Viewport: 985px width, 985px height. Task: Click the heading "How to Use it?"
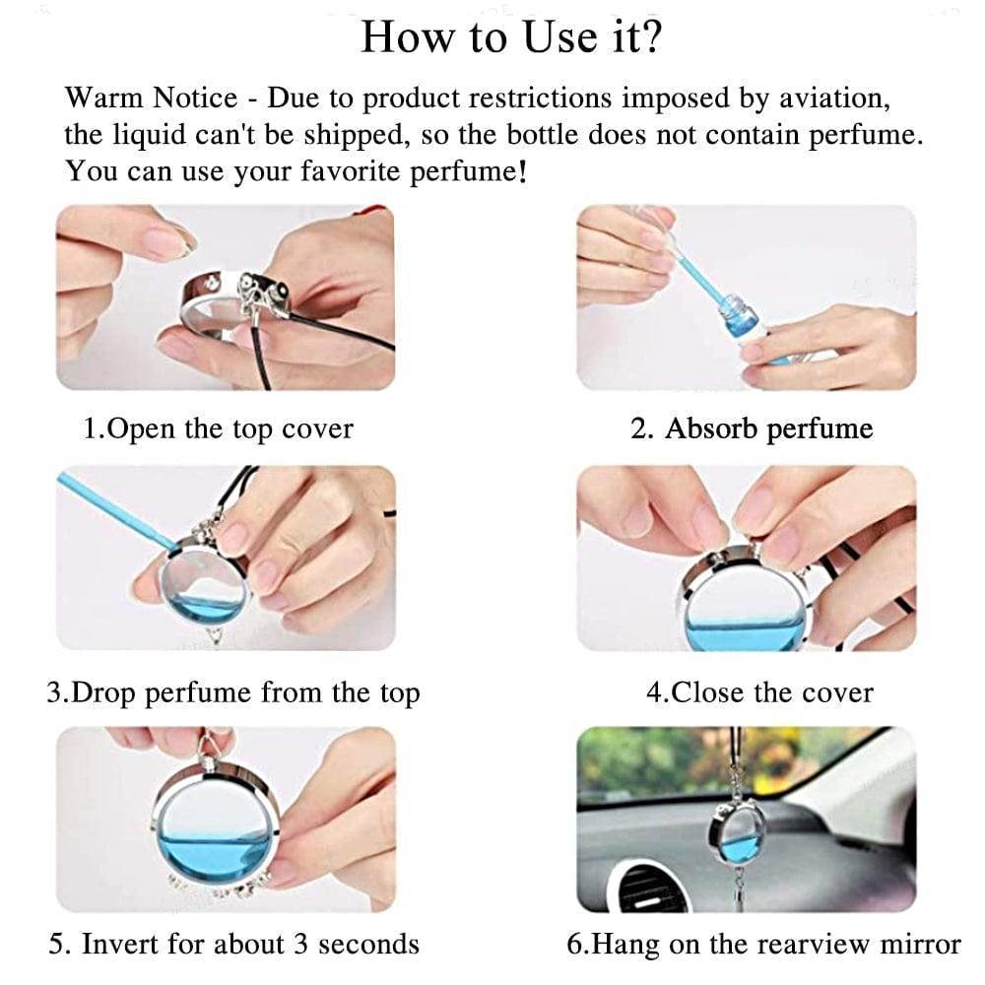coord(510,37)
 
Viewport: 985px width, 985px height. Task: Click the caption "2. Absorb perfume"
coord(751,429)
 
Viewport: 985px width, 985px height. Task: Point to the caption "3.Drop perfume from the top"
coord(233,692)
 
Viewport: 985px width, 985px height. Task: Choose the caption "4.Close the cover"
coord(758,692)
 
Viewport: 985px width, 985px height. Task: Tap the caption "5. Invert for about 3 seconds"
coord(233,944)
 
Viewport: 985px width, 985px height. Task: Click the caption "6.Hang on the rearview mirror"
coord(763,944)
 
